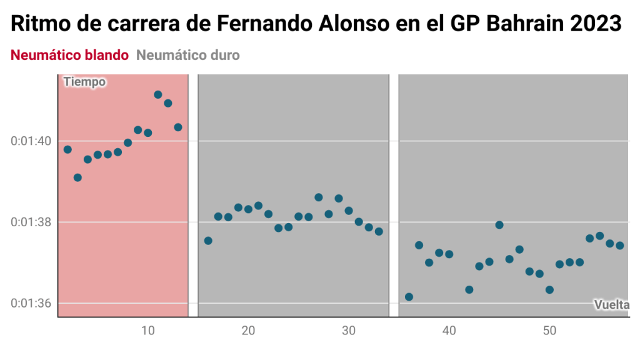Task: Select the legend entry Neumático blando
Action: [x=69, y=55]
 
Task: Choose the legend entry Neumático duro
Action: [x=187, y=55]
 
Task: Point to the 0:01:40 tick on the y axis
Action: [x=31, y=141]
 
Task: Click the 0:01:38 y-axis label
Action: [x=31, y=222]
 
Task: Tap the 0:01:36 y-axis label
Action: [x=31, y=304]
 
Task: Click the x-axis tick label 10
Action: [x=147, y=330]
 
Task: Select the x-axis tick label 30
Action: [x=349, y=330]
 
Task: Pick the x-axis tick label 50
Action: [x=549, y=330]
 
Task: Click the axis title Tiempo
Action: [x=84, y=82]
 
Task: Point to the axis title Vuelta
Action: [x=611, y=304]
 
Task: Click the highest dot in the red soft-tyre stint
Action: [x=158, y=95]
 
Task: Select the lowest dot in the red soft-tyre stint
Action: [x=77, y=177]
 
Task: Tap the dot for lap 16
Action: [x=208, y=241]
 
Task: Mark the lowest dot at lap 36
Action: [x=409, y=297]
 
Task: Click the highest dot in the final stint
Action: [x=499, y=225]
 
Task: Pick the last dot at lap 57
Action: [x=620, y=246]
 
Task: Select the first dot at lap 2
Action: [x=67, y=149]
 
